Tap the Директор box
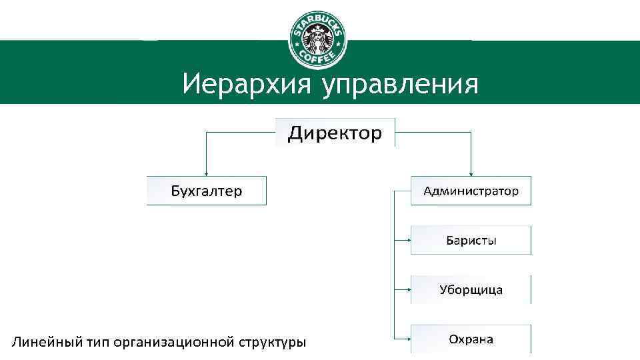tap(335, 133)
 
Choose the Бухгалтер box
tap(207, 191)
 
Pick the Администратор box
tap(471, 191)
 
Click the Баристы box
tap(471, 240)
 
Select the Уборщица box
tap(471, 289)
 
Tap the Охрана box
tap(471, 339)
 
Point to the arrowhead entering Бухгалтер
tap(206, 173)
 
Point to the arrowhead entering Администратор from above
tap(471, 173)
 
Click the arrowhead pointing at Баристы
tap(407, 239)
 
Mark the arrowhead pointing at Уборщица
tap(407, 289)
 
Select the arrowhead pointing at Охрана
tap(407, 339)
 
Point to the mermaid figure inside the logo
tap(318, 39)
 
